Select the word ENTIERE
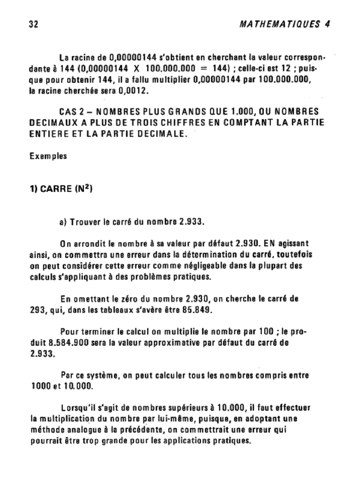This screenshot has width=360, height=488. point(50,134)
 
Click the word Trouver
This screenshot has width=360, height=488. point(85,222)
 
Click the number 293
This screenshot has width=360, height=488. point(37,311)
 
